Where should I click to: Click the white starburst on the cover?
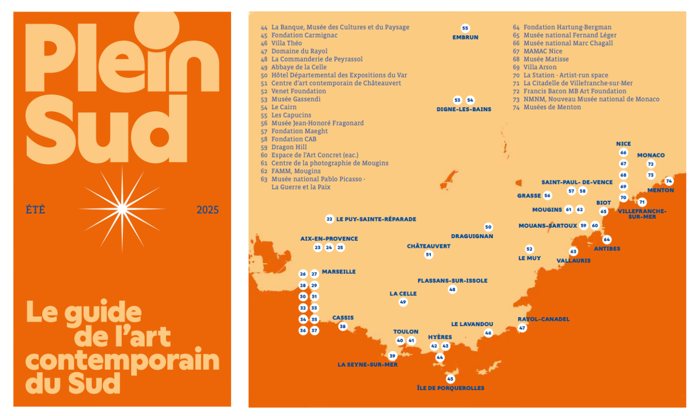coord(122,209)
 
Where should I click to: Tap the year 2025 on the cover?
coord(208,210)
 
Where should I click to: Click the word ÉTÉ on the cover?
coord(35,210)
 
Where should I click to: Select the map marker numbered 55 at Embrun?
coord(465,28)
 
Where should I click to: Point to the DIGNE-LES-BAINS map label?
coord(464,109)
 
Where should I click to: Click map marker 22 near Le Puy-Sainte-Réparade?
coord(329,219)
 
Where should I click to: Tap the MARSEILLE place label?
coord(339,271)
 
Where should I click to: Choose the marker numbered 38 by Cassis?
coord(342,327)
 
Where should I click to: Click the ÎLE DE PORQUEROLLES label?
coord(451,388)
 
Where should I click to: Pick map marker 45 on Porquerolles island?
coord(451,379)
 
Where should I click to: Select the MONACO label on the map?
coord(651,155)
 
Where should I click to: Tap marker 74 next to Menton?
coord(669,181)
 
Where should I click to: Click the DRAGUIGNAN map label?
coord(472,236)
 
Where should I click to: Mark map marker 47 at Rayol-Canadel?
coord(522,328)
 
